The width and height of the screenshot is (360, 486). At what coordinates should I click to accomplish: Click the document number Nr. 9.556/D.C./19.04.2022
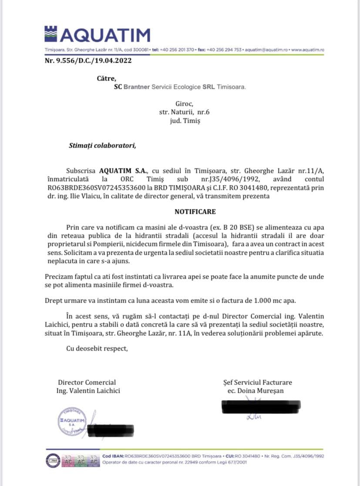[88, 61]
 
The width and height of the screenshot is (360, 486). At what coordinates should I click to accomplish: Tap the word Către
[107, 79]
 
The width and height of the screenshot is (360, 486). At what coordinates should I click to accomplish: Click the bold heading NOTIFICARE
[195, 212]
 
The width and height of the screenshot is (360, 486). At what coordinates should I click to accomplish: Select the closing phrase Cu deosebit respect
[97, 348]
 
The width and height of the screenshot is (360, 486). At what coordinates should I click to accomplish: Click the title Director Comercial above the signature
[87, 382]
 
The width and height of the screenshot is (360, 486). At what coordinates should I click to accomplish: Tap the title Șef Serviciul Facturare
[257, 382]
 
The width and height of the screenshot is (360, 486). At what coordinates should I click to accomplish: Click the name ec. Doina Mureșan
[256, 391]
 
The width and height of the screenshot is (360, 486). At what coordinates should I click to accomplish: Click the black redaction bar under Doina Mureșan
[260, 407]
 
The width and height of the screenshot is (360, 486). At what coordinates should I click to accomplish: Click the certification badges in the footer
[72, 458]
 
